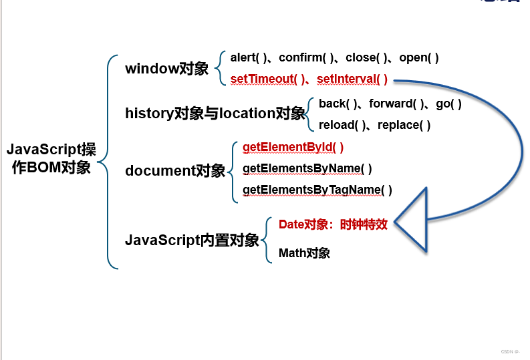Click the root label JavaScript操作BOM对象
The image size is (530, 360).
coord(51,158)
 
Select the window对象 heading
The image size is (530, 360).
coord(167,68)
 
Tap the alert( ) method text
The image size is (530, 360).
coord(248,57)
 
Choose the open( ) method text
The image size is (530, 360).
coord(419,57)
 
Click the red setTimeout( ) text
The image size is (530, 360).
coord(265,79)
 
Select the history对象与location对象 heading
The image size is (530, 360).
coord(215,114)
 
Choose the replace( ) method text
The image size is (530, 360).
coord(404,125)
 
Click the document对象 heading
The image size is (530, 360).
coord(175,170)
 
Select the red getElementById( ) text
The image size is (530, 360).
coord(293,147)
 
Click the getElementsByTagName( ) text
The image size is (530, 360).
coord(317,190)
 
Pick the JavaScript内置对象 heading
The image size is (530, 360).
coord(192,240)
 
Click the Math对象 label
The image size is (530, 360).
coord(304,253)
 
